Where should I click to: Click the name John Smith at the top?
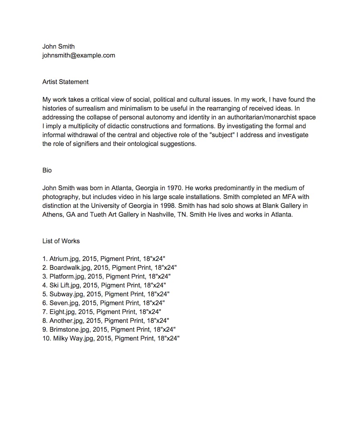58,46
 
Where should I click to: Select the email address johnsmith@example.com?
79,55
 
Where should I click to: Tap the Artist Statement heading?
65,82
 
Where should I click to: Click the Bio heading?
47,170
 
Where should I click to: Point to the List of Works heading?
61,241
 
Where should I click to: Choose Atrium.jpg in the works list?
64,259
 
